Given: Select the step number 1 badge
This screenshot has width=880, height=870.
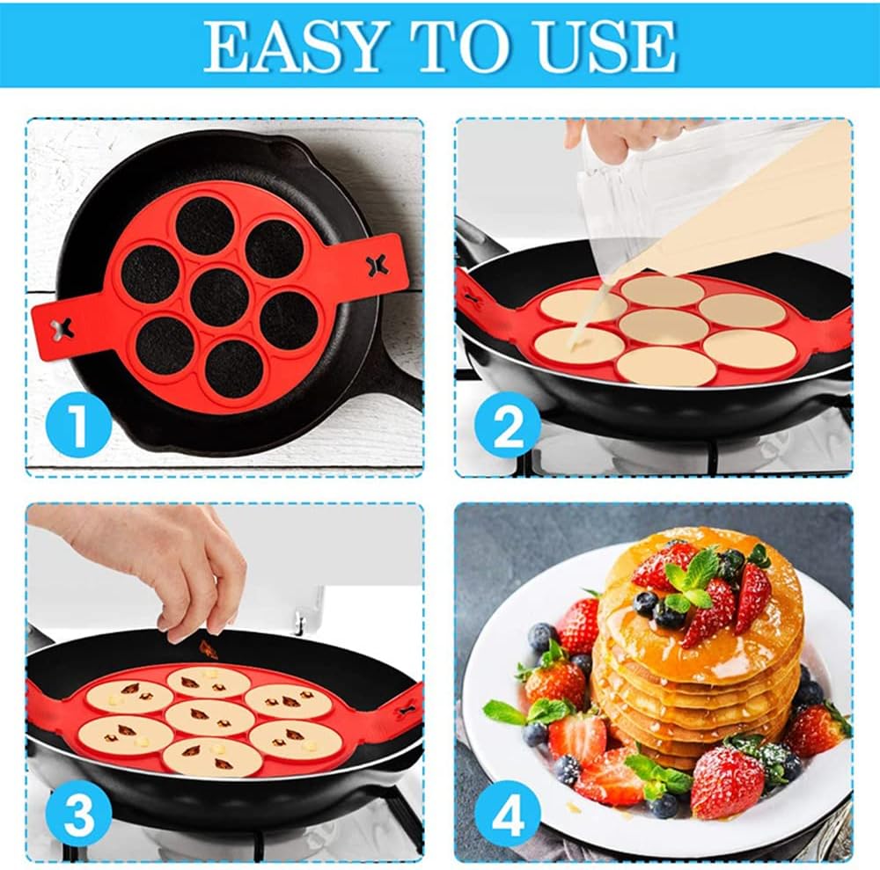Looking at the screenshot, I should point(77,423).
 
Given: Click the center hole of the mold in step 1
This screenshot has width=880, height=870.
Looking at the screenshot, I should point(219,296).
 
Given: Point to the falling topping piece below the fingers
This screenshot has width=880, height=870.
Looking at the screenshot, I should point(209,650).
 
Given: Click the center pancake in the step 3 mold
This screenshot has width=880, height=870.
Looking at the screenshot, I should point(209,716).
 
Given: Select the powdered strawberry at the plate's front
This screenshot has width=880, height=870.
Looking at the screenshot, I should point(727,782).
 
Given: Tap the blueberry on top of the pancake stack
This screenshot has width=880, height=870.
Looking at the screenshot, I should point(647,602).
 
